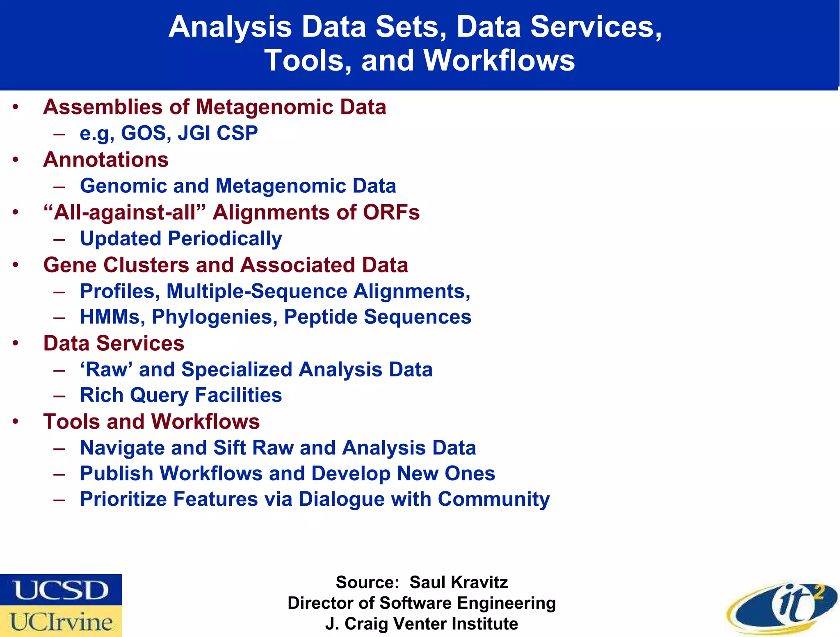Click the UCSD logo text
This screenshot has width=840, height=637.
click(62, 590)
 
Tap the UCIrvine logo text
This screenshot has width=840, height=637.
click(62, 622)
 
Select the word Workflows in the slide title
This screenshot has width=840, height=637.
click(499, 60)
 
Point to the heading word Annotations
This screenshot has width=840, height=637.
click(106, 160)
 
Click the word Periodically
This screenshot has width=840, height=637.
click(225, 239)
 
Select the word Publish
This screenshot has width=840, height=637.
click(116, 474)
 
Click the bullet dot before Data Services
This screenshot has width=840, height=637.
click(16, 343)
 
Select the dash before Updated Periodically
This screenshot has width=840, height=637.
click(59, 239)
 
